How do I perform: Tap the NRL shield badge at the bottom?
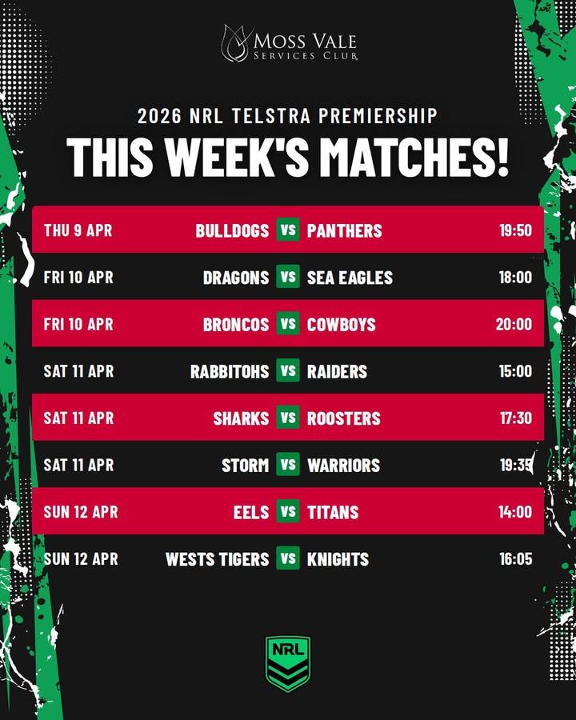click(288, 663)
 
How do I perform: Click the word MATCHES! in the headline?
click(410, 157)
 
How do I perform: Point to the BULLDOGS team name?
click(232, 230)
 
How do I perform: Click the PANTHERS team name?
click(345, 230)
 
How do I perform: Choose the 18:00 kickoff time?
click(515, 278)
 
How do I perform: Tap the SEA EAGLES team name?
click(350, 278)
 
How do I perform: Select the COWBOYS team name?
click(342, 324)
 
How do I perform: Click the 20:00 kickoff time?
click(514, 324)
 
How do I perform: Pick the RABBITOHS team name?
click(230, 371)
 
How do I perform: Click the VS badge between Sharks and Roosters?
click(288, 418)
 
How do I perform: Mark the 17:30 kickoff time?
click(515, 418)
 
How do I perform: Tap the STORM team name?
click(246, 465)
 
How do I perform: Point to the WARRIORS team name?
click(344, 465)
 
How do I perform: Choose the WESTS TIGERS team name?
click(218, 558)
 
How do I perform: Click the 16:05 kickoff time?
click(515, 558)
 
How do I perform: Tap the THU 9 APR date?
click(78, 230)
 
